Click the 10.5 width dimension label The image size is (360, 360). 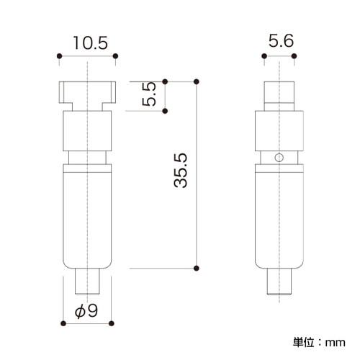coord(91,43)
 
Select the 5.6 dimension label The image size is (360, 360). coord(281,41)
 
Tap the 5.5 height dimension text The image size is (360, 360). coord(149,94)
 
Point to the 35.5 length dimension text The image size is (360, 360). coord(180,170)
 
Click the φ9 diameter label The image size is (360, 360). coord(86,311)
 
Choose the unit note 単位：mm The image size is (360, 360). coord(319,342)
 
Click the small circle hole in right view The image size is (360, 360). coord(279,158)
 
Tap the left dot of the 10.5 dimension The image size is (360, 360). coord(60,56)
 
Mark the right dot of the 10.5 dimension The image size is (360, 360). coord(115,56)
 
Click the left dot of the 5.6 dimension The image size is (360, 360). coord(264,56)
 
